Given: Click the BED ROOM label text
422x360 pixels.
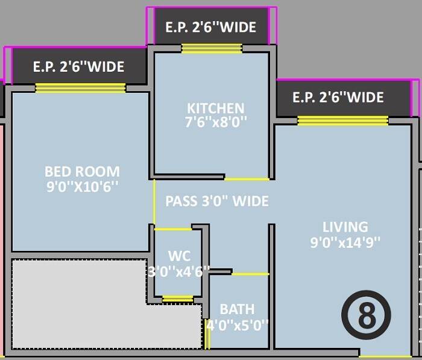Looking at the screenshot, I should click(x=82, y=171).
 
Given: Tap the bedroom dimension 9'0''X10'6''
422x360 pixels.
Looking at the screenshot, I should click(x=82, y=187).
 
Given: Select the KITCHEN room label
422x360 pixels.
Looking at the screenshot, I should click(x=215, y=108).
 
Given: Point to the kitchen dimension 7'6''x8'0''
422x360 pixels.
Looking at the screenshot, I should click(x=215, y=122).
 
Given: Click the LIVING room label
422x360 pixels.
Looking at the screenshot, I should click(x=345, y=227).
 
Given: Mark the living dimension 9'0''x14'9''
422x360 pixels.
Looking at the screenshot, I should click(x=345, y=243).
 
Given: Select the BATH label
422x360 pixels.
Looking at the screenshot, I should click(x=237, y=309).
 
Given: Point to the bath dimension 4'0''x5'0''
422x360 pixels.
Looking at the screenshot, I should click(x=237, y=325).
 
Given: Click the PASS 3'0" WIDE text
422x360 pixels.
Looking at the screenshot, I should click(x=217, y=201).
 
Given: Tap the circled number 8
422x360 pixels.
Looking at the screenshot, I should click(x=366, y=314).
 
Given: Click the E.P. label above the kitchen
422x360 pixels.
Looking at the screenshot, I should click(x=210, y=27).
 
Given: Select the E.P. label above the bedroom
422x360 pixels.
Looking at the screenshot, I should click(x=78, y=66).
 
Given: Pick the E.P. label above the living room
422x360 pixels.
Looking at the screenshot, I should click(x=338, y=97).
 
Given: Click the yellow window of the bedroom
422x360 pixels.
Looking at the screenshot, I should click(x=80, y=88).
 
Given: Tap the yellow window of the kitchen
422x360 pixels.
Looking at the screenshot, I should click(x=212, y=49).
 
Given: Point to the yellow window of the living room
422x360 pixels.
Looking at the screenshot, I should click(x=342, y=121).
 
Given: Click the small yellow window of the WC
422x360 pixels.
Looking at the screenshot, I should click(x=178, y=298).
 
